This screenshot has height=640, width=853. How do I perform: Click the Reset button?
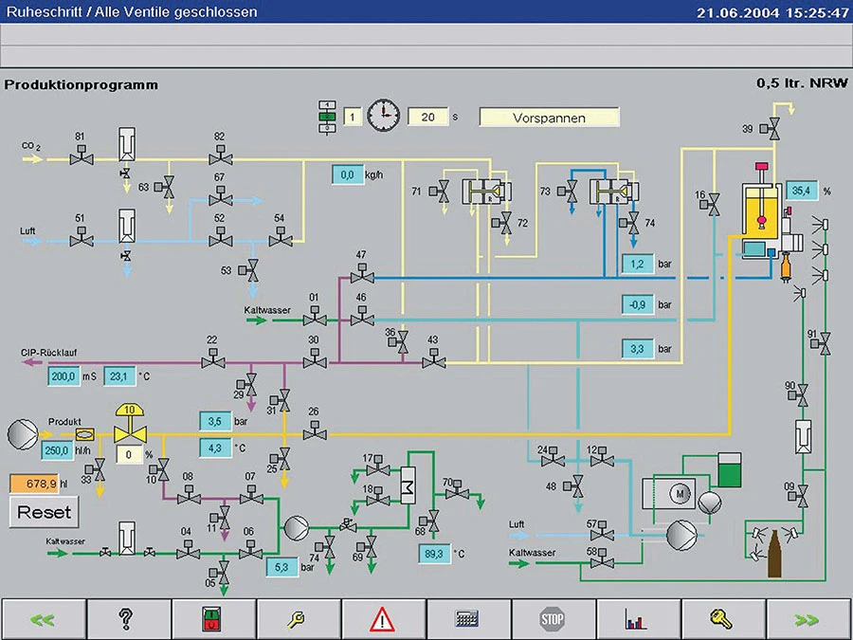pos(45,512)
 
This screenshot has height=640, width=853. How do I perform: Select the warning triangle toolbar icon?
pos(382,620)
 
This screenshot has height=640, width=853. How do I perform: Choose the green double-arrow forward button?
pos(808,620)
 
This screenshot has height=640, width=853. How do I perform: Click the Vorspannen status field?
pos(549,118)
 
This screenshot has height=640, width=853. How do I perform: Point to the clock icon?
pos(384,117)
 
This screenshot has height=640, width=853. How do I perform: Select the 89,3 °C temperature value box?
pos(434,554)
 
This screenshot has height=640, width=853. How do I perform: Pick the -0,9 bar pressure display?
pos(638,305)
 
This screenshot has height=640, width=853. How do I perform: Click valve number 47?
pos(361,276)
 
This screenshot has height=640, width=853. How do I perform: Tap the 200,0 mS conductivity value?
pos(64,376)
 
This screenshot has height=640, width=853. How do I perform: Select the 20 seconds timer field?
pos(427,118)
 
